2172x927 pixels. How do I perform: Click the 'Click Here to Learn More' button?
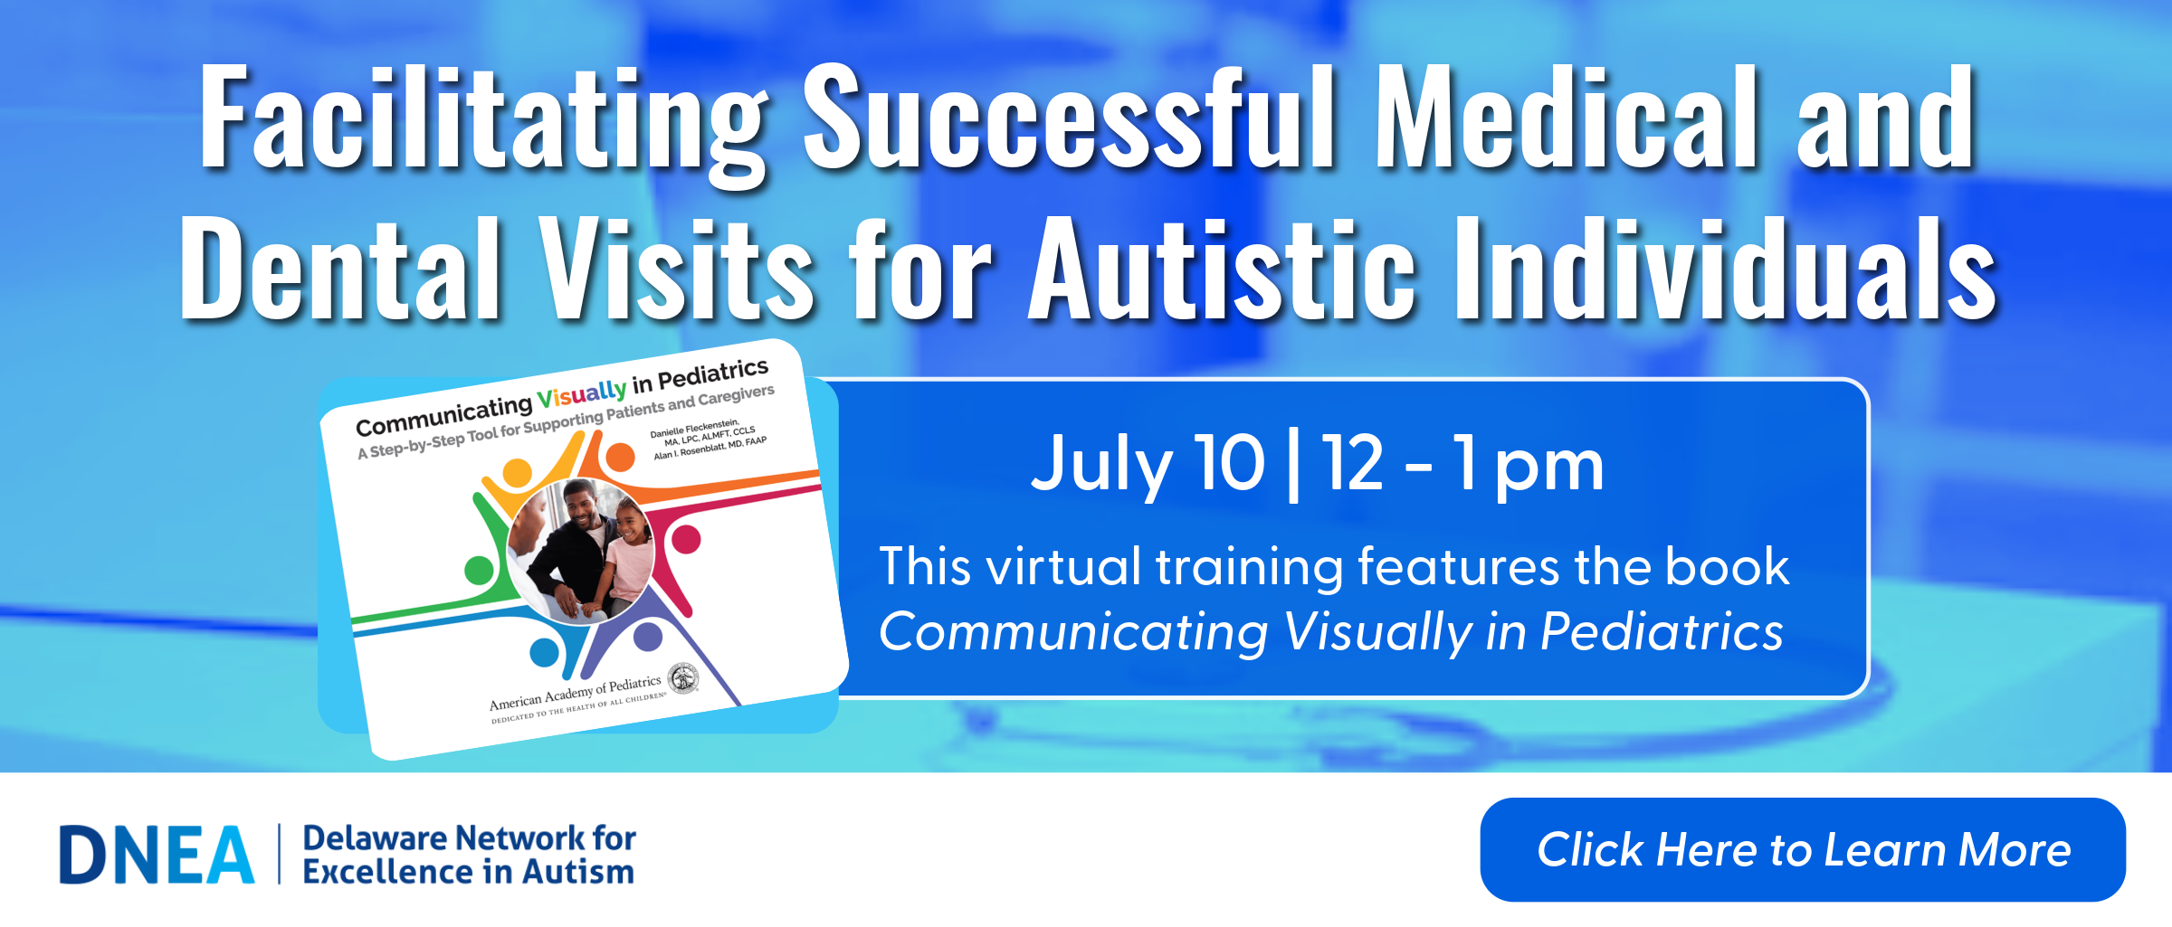(x=1803, y=849)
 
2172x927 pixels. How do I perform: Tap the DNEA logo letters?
(x=157, y=855)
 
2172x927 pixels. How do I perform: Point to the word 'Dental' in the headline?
(x=340, y=269)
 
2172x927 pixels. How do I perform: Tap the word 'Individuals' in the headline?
(x=1725, y=269)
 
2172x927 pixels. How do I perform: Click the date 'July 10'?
(x=1148, y=464)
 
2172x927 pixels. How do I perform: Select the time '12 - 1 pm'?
(x=1462, y=464)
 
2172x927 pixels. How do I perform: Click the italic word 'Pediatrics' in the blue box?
(x=1662, y=631)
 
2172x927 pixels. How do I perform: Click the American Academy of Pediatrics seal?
(x=683, y=678)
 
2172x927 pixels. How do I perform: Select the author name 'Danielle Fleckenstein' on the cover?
(x=695, y=429)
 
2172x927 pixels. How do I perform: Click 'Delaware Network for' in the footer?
(x=470, y=838)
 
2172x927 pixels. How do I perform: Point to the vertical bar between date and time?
(x=1293, y=465)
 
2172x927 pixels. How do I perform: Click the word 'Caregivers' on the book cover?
(x=736, y=396)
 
